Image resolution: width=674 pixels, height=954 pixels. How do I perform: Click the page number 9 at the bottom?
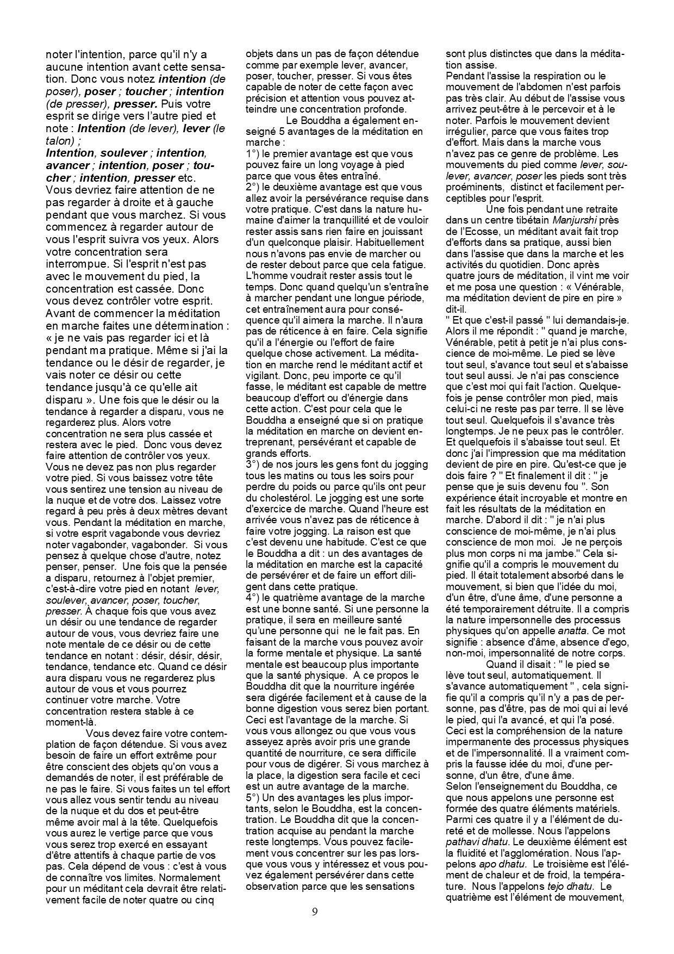[x=315, y=912]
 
